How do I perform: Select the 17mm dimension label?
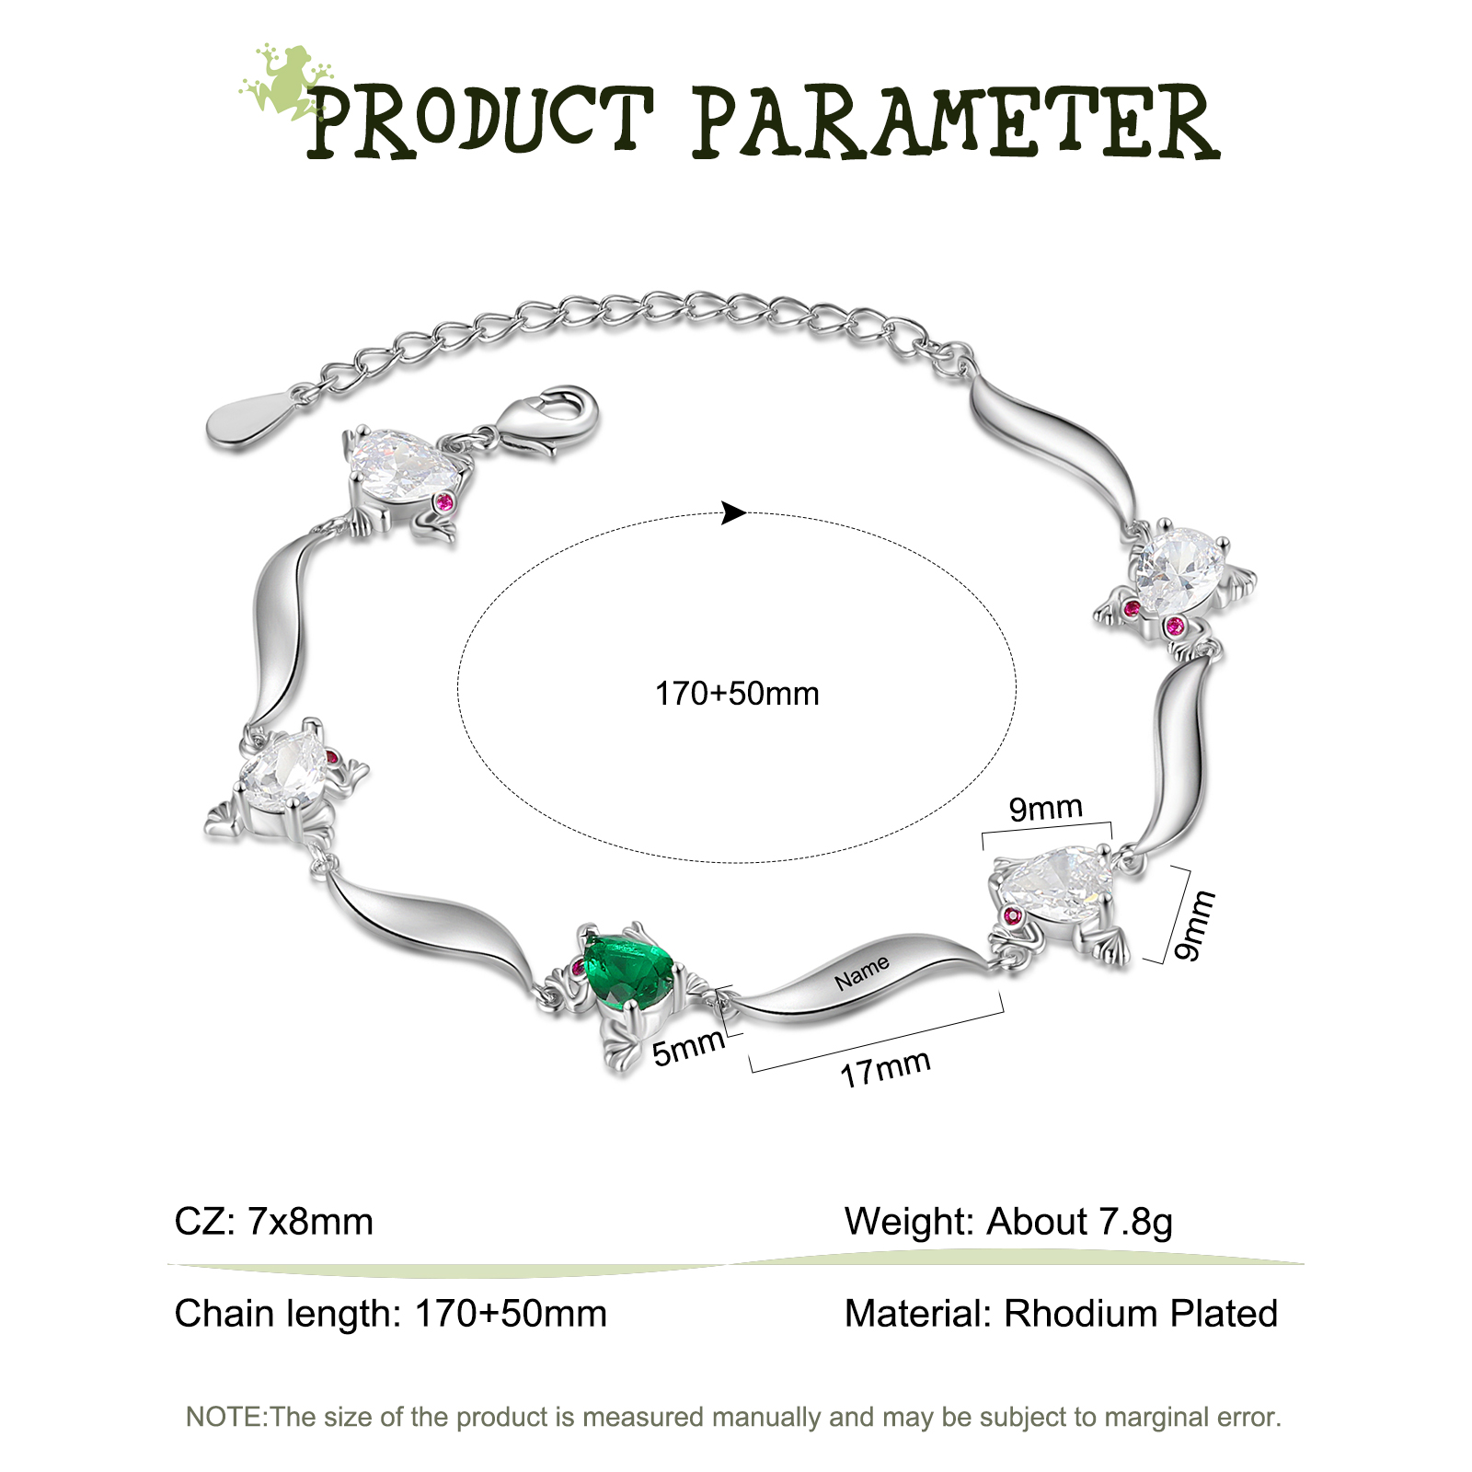click(x=885, y=1069)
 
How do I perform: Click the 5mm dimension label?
click(x=688, y=1048)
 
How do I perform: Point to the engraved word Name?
click(x=862, y=972)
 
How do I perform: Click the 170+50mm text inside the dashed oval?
click(x=737, y=694)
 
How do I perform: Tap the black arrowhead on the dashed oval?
click(x=733, y=512)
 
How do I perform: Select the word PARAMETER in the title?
click(x=956, y=121)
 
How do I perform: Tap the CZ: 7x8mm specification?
click(x=274, y=1222)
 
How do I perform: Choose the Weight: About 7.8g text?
click(x=1008, y=1223)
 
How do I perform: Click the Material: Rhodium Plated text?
click(x=1061, y=1314)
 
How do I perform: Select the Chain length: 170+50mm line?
click(x=391, y=1314)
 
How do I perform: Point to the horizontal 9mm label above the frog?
click(x=1046, y=809)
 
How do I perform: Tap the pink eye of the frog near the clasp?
click(x=445, y=502)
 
